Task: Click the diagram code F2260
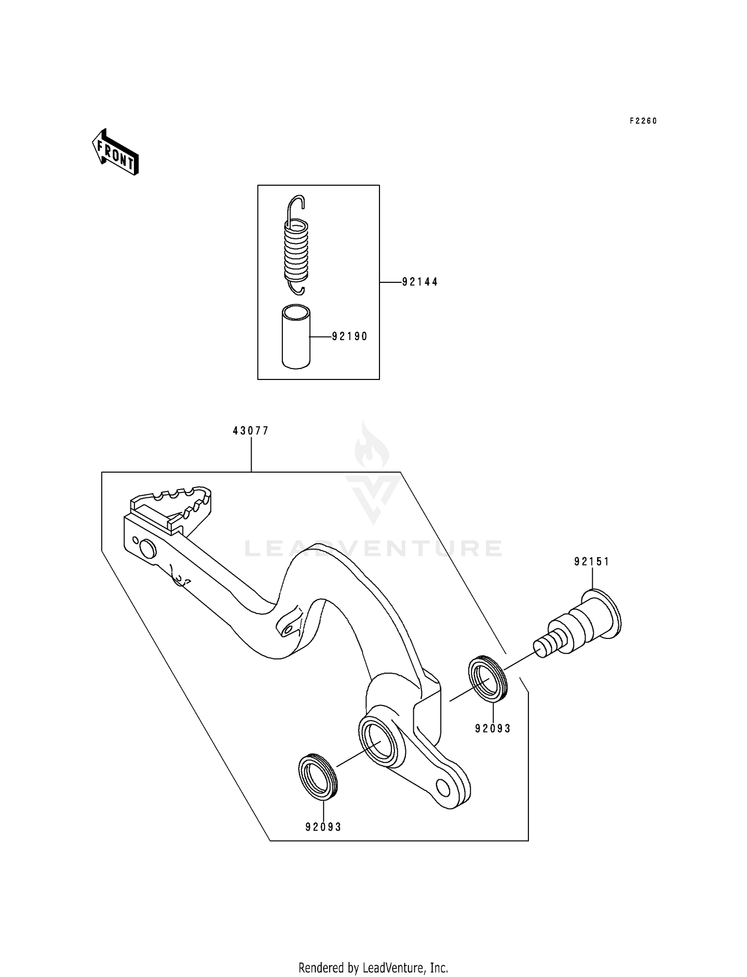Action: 643,121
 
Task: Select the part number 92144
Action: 420,282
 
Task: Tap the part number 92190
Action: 350,337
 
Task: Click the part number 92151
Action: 592,562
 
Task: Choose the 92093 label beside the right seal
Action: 493,729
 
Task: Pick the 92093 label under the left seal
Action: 323,827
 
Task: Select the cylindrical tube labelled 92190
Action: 296,338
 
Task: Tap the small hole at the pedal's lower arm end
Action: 442,787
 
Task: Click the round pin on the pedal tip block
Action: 147,549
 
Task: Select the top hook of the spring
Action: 297,204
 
